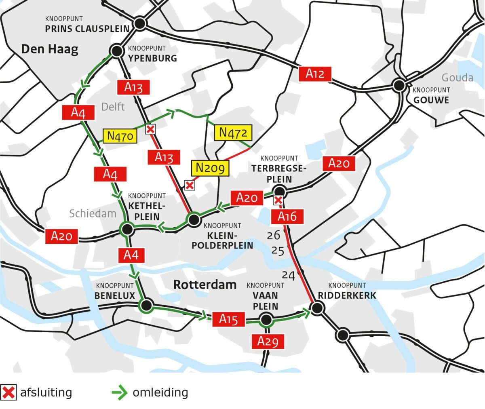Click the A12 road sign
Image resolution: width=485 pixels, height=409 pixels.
click(x=315, y=74)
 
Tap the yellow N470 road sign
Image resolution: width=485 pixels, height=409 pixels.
click(x=120, y=136)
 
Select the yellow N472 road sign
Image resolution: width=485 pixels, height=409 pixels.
click(x=233, y=133)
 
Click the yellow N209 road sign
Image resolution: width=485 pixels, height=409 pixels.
click(x=210, y=168)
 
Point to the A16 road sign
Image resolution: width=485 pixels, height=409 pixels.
click(x=287, y=217)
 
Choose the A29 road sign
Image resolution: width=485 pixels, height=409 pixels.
click(x=268, y=342)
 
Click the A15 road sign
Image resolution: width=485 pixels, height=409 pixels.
click(x=228, y=319)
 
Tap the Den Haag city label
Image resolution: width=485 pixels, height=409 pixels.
click(x=50, y=49)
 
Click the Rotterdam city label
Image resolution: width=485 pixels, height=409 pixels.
click(x=205, y=285)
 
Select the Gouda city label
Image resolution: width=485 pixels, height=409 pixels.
click(x=457, y=77)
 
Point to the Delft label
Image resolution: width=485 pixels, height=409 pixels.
click(x=113, y=107)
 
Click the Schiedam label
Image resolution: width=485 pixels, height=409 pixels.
click(x=93, y=213)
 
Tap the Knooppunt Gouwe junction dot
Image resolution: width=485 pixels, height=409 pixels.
click(x=399, y=85)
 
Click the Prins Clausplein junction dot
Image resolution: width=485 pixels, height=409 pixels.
click(x=140, y=23)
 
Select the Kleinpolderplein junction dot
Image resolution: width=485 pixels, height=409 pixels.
click(x=194, y=220)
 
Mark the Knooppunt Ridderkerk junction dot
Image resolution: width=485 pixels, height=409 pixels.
click(x=317, y=308)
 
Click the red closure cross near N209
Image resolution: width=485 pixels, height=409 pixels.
click(x=189, y=185)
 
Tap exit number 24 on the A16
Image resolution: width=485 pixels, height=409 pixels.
click(x=288, y=275)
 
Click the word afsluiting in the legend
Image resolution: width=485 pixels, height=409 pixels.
click(x=46, y=392)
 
